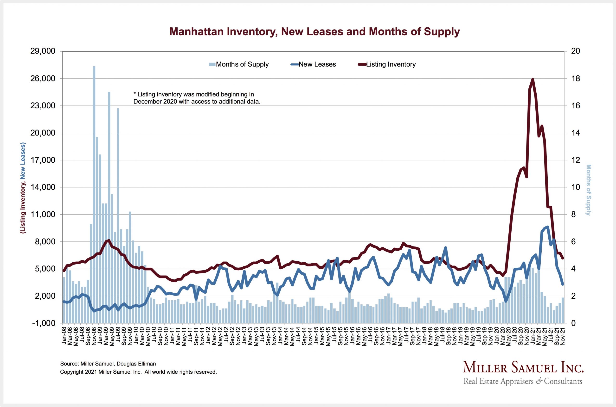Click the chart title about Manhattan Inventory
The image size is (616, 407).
click(x=314, y=32)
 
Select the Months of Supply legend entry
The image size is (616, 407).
click(x=239, y=64)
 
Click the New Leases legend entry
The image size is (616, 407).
click(x=314, y=64)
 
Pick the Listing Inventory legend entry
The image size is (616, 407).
click(x=387, y=64)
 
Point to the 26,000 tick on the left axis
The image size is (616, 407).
click(x=43, y=79)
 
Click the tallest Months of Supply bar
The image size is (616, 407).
click(x=94, y=195)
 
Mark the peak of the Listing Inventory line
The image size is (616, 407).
click(x=533, y=79)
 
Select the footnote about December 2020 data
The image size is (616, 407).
click(x=197, y=98)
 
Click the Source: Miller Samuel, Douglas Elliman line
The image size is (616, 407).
click(x=108, y=364)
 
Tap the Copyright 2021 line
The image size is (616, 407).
click(x=138, y=372)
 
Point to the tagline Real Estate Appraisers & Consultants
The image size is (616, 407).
click(x=523, y=381)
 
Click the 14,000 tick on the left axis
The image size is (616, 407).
click(x=43, y=187)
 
